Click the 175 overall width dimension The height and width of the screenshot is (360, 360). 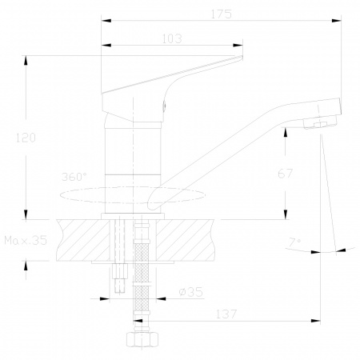click(x=222, y=14)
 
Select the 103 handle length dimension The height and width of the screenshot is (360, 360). click(x=172, y=39)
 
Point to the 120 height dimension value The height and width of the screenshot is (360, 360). click(x=26, y=138)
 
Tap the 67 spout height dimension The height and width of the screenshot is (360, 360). click(x=285, y=174)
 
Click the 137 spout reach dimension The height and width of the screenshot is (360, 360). click(x=226, y=314)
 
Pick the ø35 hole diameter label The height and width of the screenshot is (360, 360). click(x=191, y=292)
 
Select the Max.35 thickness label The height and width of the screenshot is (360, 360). click(x=26, y=240)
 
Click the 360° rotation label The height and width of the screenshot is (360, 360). click(x=74, y=177)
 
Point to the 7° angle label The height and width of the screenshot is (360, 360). click(x=294, y=242)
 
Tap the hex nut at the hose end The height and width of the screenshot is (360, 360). click(x=142, y=339)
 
